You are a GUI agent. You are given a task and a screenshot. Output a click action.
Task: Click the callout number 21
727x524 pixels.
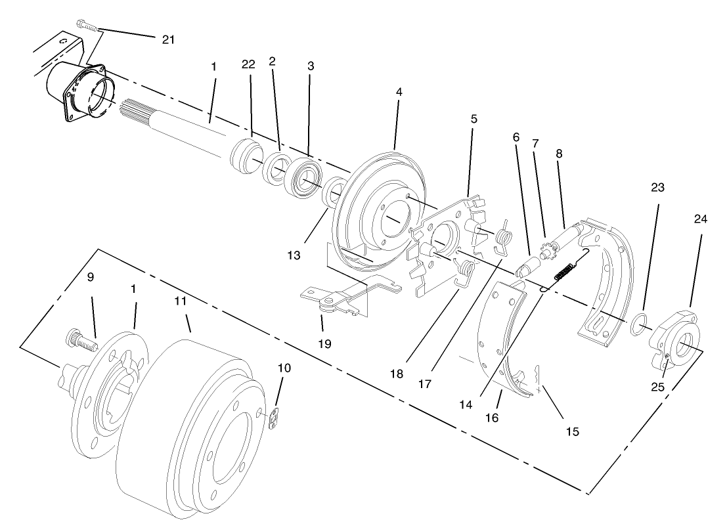pyautogui.click(x=169, y=39)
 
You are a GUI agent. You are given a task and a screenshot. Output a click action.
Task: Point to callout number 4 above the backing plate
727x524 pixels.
pyautogui.click(x=399, y=93)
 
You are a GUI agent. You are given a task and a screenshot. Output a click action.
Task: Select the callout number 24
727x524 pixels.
pyautogui.click(x=701, y=219)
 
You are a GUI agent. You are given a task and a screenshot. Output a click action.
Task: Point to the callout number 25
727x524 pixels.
pyautogui.click(x=658, y=387)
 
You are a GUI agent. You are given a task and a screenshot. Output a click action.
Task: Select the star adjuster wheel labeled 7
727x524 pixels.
pyautogui.click(x=546, y=250)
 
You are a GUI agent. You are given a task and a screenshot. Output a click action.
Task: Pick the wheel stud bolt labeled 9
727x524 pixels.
pyautogui.click(x=80, y=340)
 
